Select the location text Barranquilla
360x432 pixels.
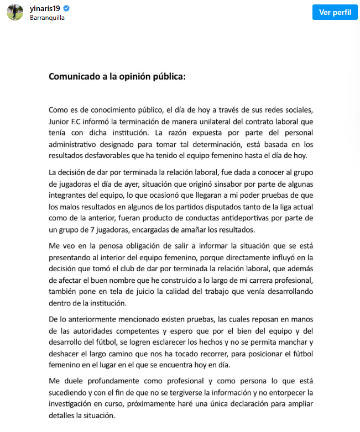[47, 17]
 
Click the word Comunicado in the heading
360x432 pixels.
[75, 77]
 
